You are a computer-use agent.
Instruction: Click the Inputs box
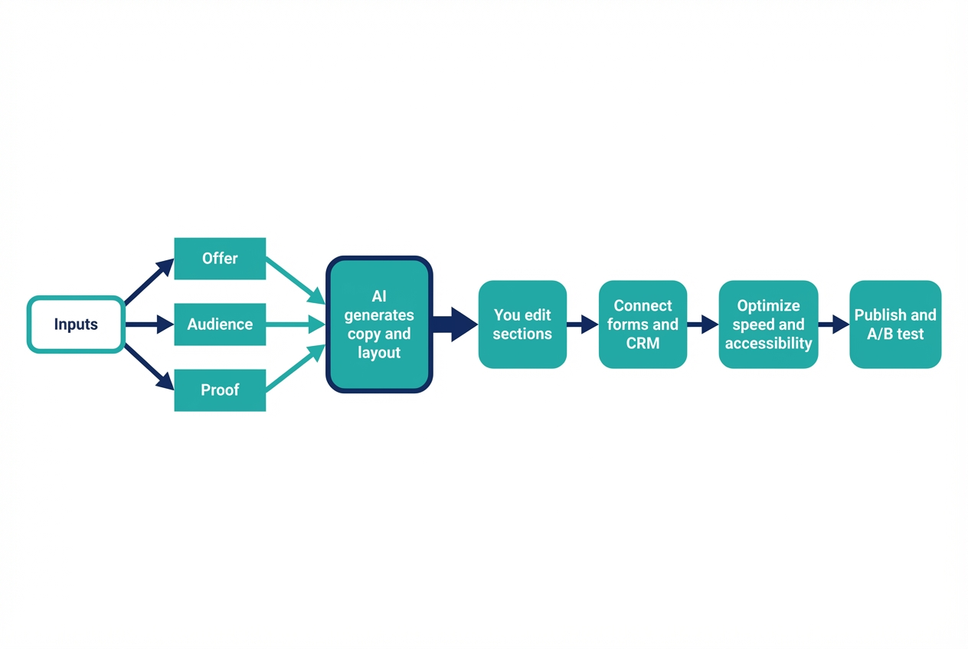click(76, 324)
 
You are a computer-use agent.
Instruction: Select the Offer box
click(220, 259)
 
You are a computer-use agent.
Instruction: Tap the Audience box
click(220, 324)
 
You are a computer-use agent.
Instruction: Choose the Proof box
click(220, 390)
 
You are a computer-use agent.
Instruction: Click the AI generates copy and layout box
click(379, 324)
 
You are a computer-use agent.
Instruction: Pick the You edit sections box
click(522, 324)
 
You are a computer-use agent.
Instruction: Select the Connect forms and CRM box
click(643, 324)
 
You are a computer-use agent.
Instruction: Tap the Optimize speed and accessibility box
click(768, 324)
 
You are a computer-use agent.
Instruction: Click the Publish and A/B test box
click(895, 324)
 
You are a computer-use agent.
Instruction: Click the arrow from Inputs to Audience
click(149, 324)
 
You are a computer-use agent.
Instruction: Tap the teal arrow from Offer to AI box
click(296, 281)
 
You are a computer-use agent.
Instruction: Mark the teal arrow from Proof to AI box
click(296, 369)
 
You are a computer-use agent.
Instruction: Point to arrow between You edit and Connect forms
click(582, 324)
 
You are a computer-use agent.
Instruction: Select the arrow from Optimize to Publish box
click(833, 324)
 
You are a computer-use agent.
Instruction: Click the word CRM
click(643, 344)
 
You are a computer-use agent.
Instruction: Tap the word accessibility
click(768, 344)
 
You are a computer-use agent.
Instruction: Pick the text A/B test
click(895, 334)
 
